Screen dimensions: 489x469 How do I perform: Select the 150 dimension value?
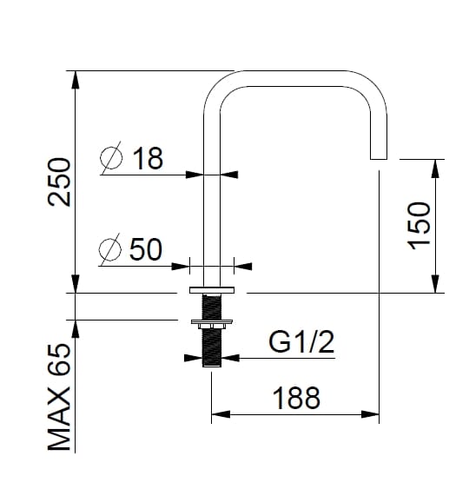419,225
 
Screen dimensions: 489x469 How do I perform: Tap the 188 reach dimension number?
296,398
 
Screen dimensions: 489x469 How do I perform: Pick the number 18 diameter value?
148,158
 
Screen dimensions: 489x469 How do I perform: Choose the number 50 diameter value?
146,249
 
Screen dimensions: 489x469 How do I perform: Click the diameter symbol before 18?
112,159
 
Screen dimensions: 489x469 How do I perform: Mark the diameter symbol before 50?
110,250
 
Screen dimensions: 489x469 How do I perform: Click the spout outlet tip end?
379,158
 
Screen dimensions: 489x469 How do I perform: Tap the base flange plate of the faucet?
212,288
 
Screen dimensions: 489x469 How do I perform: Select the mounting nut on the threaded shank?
212,326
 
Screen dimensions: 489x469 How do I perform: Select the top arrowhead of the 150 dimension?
434,167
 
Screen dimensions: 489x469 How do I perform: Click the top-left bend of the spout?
217,86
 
